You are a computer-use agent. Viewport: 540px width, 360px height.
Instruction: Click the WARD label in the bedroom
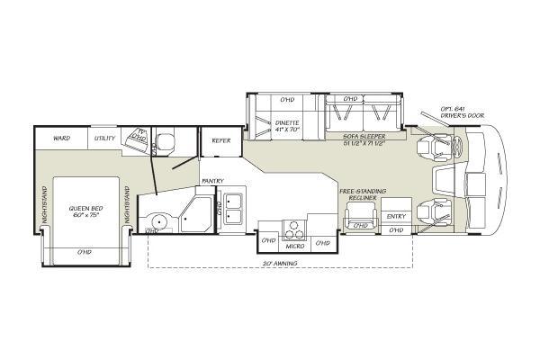pyautogui.click(x=61, y=139)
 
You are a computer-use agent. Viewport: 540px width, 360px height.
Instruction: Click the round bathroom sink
pyautogui.click(x=159, y=220)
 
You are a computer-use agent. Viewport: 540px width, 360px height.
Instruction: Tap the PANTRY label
pyautogui.click(x=212, y=180)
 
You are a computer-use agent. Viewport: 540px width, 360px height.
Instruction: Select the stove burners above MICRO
pyautogui.click(x=293, y=228)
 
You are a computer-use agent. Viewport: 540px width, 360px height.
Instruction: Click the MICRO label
pyautogui.click(x=293, y=245)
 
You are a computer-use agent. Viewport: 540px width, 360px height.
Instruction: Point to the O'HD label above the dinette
pyautogui.click(x=287, y=98)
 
